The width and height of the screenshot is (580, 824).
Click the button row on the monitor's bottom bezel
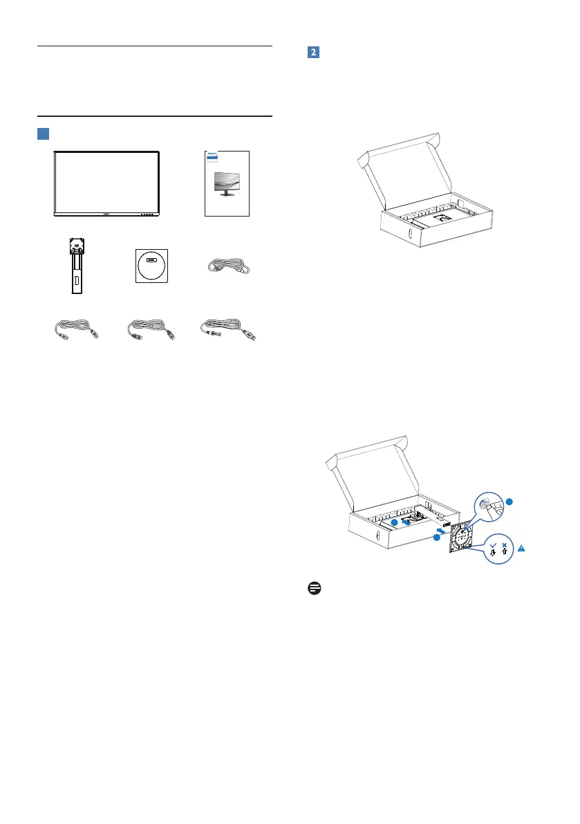[x=146, y=214]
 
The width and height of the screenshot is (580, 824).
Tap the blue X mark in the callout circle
[x=505, y=544]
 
